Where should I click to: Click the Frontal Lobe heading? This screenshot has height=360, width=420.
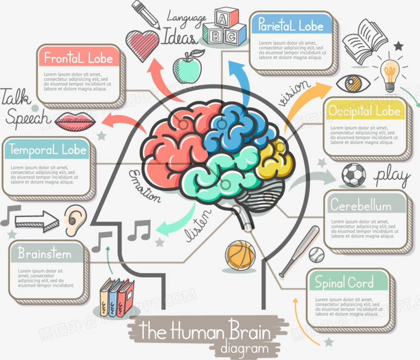click(x=79, y=58)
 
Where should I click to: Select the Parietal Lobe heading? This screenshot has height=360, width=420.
click(x=291, y=25)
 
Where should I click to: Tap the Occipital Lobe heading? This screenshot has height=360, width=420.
click(x=365, y=111)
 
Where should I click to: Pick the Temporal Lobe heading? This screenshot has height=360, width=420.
click(x=46, y=149)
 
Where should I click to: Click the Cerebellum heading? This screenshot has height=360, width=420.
click(x=361, y=205)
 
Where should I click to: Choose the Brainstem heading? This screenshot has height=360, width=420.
click(x=44, y=253)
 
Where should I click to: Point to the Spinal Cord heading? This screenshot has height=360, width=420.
click(x=344, y=282)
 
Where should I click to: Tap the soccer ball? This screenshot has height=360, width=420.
click(x=354, y=175)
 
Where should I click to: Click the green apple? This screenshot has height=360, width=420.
click(x=187, y=67)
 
